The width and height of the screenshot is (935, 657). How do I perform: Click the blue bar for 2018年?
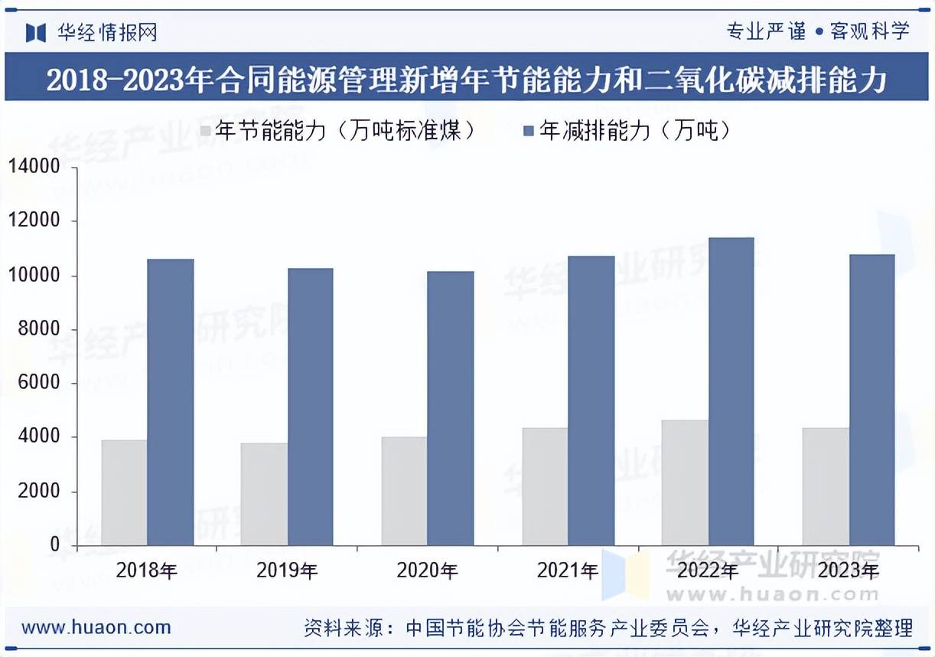(171, 402)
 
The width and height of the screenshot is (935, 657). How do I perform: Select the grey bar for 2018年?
(124, 492)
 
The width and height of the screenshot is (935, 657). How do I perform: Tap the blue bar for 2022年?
(731, 391)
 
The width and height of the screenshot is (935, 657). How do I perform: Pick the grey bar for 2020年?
(404, 491)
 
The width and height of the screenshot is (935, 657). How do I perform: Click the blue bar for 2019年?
(310, 407)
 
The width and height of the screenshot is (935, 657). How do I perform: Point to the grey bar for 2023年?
(826, 486)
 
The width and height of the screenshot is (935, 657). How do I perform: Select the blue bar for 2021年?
(591, 400)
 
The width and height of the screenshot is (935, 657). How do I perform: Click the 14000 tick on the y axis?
(34, 167)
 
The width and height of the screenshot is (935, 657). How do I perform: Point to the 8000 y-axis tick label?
(38, 329)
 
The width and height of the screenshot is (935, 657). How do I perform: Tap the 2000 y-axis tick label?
(38, 492)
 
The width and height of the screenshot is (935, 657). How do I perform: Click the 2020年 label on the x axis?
(427, 570)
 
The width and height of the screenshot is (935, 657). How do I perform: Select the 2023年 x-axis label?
(848, 570)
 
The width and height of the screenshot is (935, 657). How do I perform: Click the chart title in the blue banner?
(467, 80)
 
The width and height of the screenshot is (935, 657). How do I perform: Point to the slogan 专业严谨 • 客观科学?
(817, 31)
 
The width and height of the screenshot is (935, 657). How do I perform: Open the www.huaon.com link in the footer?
(96, 628)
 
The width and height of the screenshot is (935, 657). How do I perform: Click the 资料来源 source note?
(608, 629)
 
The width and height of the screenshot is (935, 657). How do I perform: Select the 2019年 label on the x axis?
(287, 570)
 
